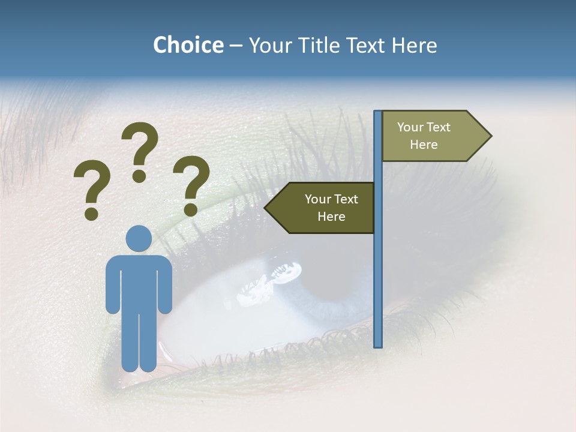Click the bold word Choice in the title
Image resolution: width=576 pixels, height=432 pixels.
188,45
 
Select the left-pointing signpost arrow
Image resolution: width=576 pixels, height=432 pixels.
321,208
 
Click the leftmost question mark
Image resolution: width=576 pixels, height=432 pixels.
92,186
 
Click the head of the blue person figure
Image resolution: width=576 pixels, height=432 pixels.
139,238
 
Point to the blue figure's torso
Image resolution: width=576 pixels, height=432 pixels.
139,282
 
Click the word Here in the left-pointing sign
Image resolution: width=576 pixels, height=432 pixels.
331,217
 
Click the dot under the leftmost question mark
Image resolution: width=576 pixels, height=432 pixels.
92,214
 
